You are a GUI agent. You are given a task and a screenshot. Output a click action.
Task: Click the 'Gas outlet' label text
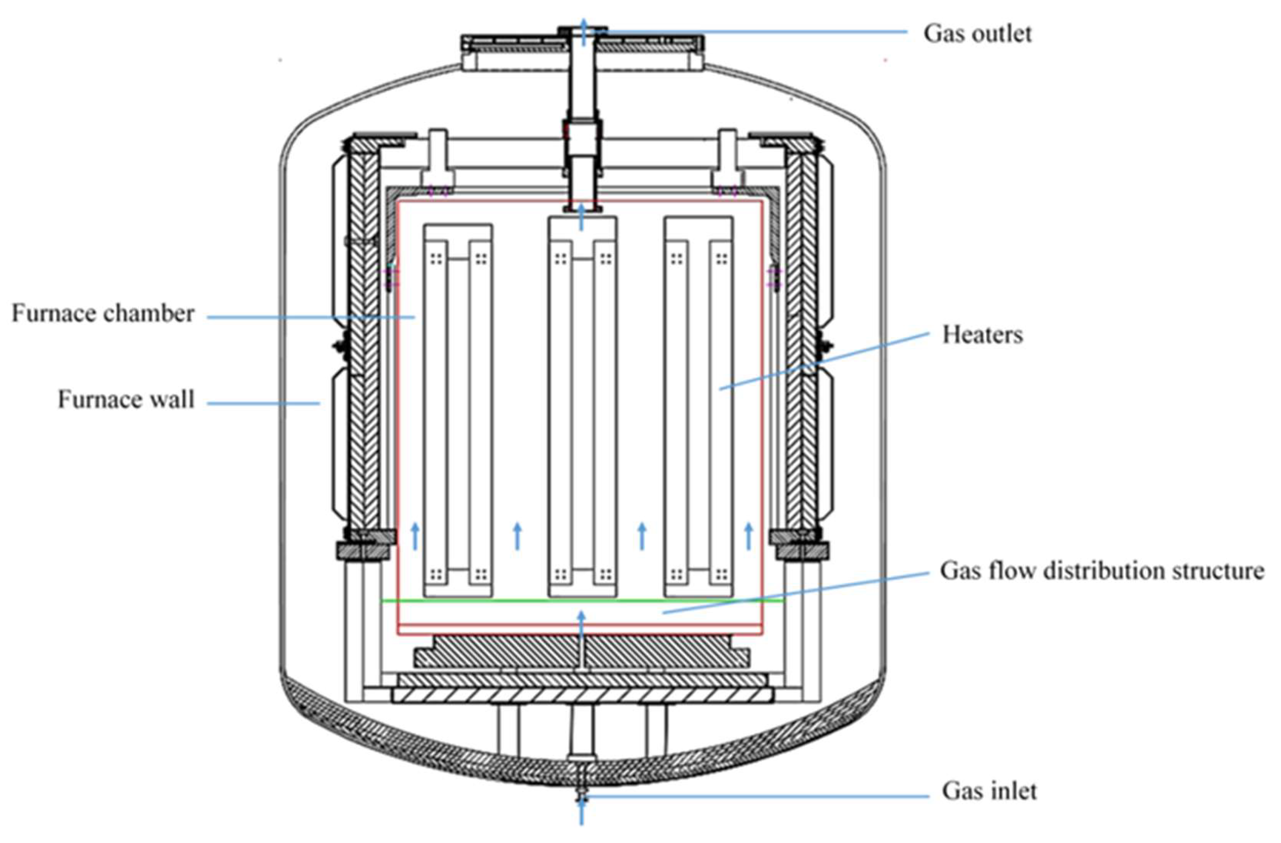pyautogui.click(x=977, y=34)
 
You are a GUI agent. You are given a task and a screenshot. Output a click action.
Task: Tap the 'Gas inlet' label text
pyautogui.click(x=989, y=792)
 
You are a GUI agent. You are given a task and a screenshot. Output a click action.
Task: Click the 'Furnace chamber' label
pyautogui.click(x=103, y=313)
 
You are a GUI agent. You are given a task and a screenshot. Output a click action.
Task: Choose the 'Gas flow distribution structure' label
pyautogui.click(x=1101, y=570)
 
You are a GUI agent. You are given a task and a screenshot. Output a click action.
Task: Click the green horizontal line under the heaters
pyautogui.click(x=581, y=600)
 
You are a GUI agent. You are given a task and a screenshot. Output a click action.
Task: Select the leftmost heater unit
pyautogui.click(x=457, y=409)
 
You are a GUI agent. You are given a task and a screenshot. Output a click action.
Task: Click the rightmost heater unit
pyautogui.click(x=698, y=409)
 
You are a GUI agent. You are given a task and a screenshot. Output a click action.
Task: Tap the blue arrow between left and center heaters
pyautogui.click(x=518, y=536)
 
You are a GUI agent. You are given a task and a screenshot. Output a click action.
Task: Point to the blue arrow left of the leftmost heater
pyautogui.click(x=415, y=536)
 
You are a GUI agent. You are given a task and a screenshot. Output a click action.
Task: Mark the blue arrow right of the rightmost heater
pyautogui.click(x=748, y=536)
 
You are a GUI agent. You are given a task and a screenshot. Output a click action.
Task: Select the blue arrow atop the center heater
pyautogui.click(x=581, y=219)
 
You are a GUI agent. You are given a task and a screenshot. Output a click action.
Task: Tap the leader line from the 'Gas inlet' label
pyautogui.click(x=754, y=796)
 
